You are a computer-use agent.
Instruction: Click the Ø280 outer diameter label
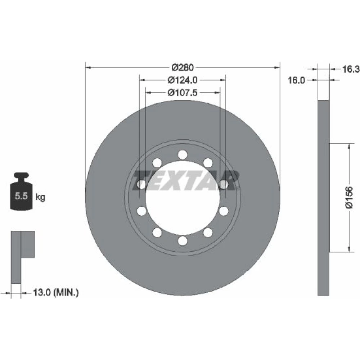(183, 68)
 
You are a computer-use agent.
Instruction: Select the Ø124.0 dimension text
(183, 80)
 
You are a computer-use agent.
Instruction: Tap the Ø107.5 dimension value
(183, 93)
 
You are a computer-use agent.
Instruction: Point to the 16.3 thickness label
(351, 69)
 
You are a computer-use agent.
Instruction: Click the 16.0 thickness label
(296, 80)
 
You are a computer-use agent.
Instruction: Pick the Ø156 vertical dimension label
(349, 197)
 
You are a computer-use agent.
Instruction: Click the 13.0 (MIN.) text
(56, 292)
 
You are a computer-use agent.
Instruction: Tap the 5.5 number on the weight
(21, 196)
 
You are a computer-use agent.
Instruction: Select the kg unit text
(40, 197)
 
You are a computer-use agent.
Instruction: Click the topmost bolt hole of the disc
(183, 155)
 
